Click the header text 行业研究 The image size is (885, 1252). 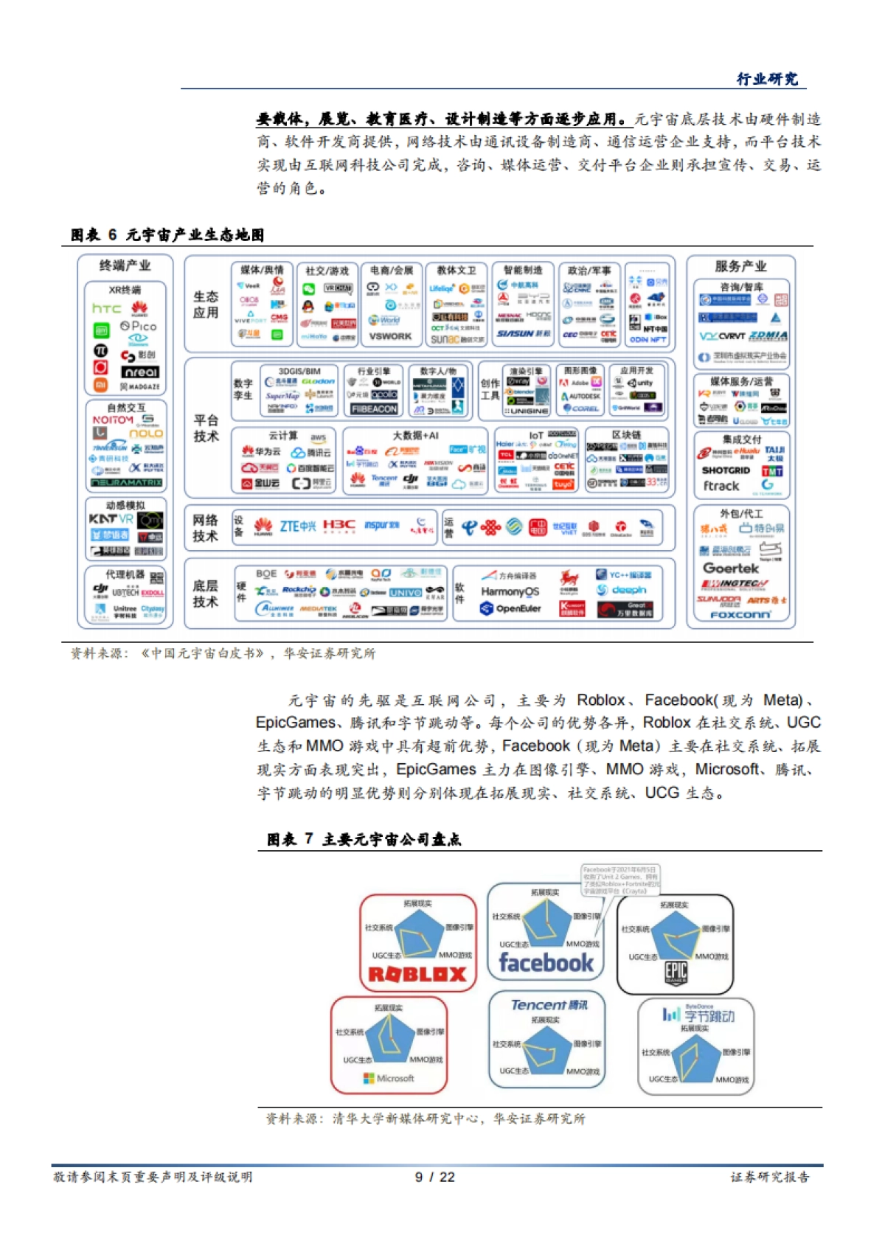(767, 79)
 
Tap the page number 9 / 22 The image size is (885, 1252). (435, 1177)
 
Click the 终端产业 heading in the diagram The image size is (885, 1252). (125, 265)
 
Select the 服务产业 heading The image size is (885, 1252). (740, 266)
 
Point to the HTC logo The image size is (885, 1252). (106, 308)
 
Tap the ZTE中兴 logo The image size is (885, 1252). (297, 526)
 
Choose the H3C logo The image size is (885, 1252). (339, 525)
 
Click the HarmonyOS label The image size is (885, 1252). (510, 591)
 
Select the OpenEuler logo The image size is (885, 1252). (510, 608)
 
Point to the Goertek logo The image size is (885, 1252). (730, 568)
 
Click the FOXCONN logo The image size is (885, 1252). (740, 614)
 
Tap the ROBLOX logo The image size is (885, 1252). (417, 975)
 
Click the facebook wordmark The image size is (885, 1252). (546, 962)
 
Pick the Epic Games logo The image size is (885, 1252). (676, 973)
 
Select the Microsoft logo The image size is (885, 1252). (389, 1078)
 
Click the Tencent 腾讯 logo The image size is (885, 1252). (549, 1005)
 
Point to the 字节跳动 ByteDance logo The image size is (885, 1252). (698, 1015)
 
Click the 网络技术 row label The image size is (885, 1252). (205, 528)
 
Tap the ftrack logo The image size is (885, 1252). (721, 486)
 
